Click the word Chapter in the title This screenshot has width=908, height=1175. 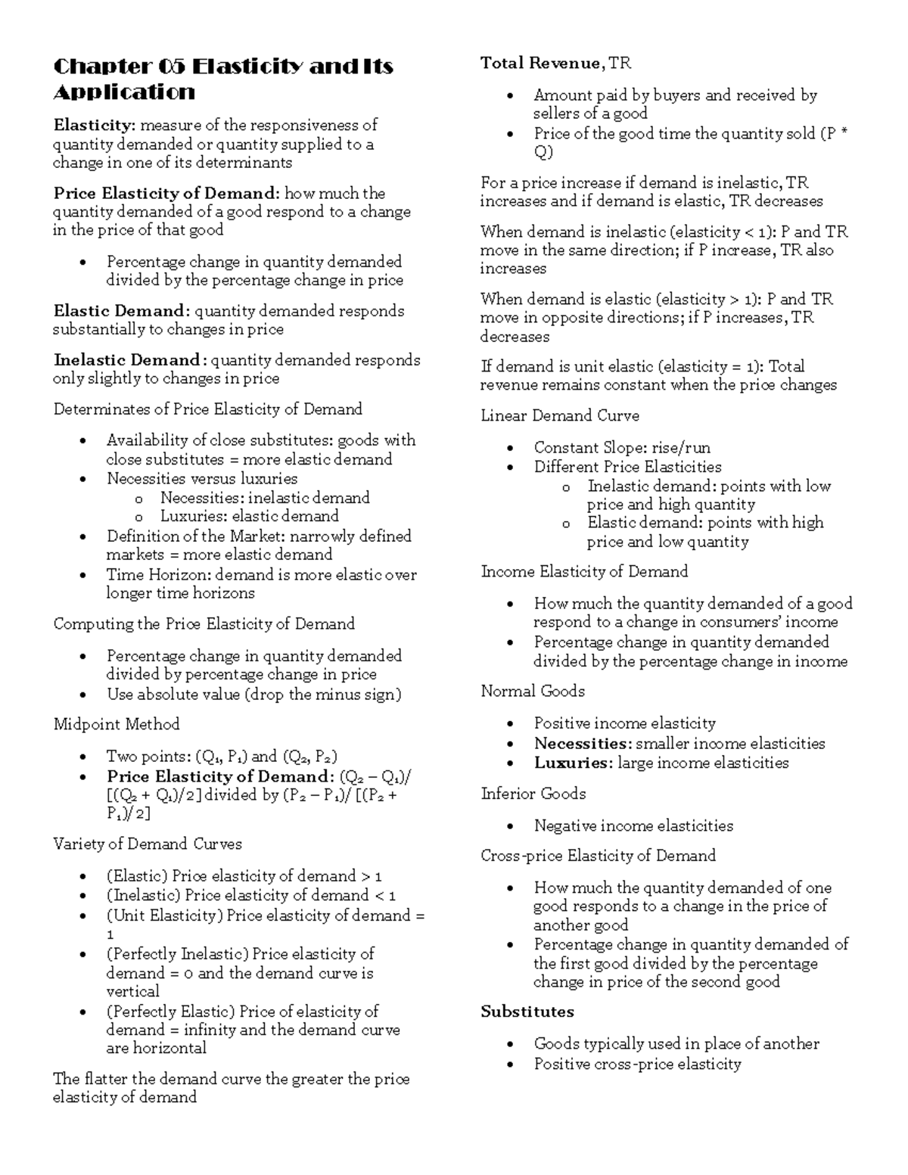pos(102,67)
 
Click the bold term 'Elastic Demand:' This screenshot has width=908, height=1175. pos(121,311)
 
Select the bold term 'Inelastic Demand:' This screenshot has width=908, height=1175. pos(129,360)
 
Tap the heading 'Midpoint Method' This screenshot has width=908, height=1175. pos(117,724)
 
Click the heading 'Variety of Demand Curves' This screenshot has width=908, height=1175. pos(148,844)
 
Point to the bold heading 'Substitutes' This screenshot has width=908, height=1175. pos(527,1012)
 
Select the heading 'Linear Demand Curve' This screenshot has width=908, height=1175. pos(560,416)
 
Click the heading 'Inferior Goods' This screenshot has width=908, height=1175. pos(533,794)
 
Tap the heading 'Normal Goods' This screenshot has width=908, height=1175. pos(533,691)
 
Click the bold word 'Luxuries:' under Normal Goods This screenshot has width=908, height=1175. pos(574,763)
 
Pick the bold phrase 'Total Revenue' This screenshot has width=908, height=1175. pos(540,64)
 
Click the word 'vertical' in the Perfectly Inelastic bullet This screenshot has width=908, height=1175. pos(132,991)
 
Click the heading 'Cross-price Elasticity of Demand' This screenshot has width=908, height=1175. pos(598,856)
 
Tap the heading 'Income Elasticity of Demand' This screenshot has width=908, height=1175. pos(584,571)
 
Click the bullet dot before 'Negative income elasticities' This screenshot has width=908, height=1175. pos(512,826)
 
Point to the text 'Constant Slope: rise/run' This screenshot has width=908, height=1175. pos(622,447)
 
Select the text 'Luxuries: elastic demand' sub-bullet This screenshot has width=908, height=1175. pos(249,516)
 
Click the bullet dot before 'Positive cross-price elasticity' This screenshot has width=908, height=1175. pos(512,1065)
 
